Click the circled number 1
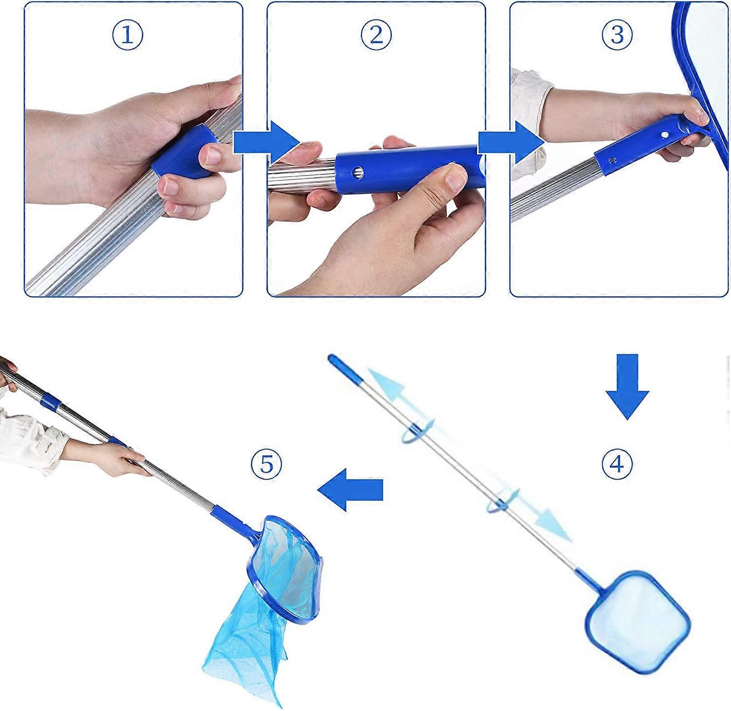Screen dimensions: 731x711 (127, 36)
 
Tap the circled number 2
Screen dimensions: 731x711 (376, 35)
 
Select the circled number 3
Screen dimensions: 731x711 (617, 35)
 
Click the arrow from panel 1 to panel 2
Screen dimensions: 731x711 (267, 142)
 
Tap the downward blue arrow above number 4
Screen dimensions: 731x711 (627, 387)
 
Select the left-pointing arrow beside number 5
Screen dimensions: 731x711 (350, 489)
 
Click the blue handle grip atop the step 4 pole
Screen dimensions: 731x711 (344, 368)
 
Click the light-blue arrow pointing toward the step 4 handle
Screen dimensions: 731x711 (402, 398)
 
